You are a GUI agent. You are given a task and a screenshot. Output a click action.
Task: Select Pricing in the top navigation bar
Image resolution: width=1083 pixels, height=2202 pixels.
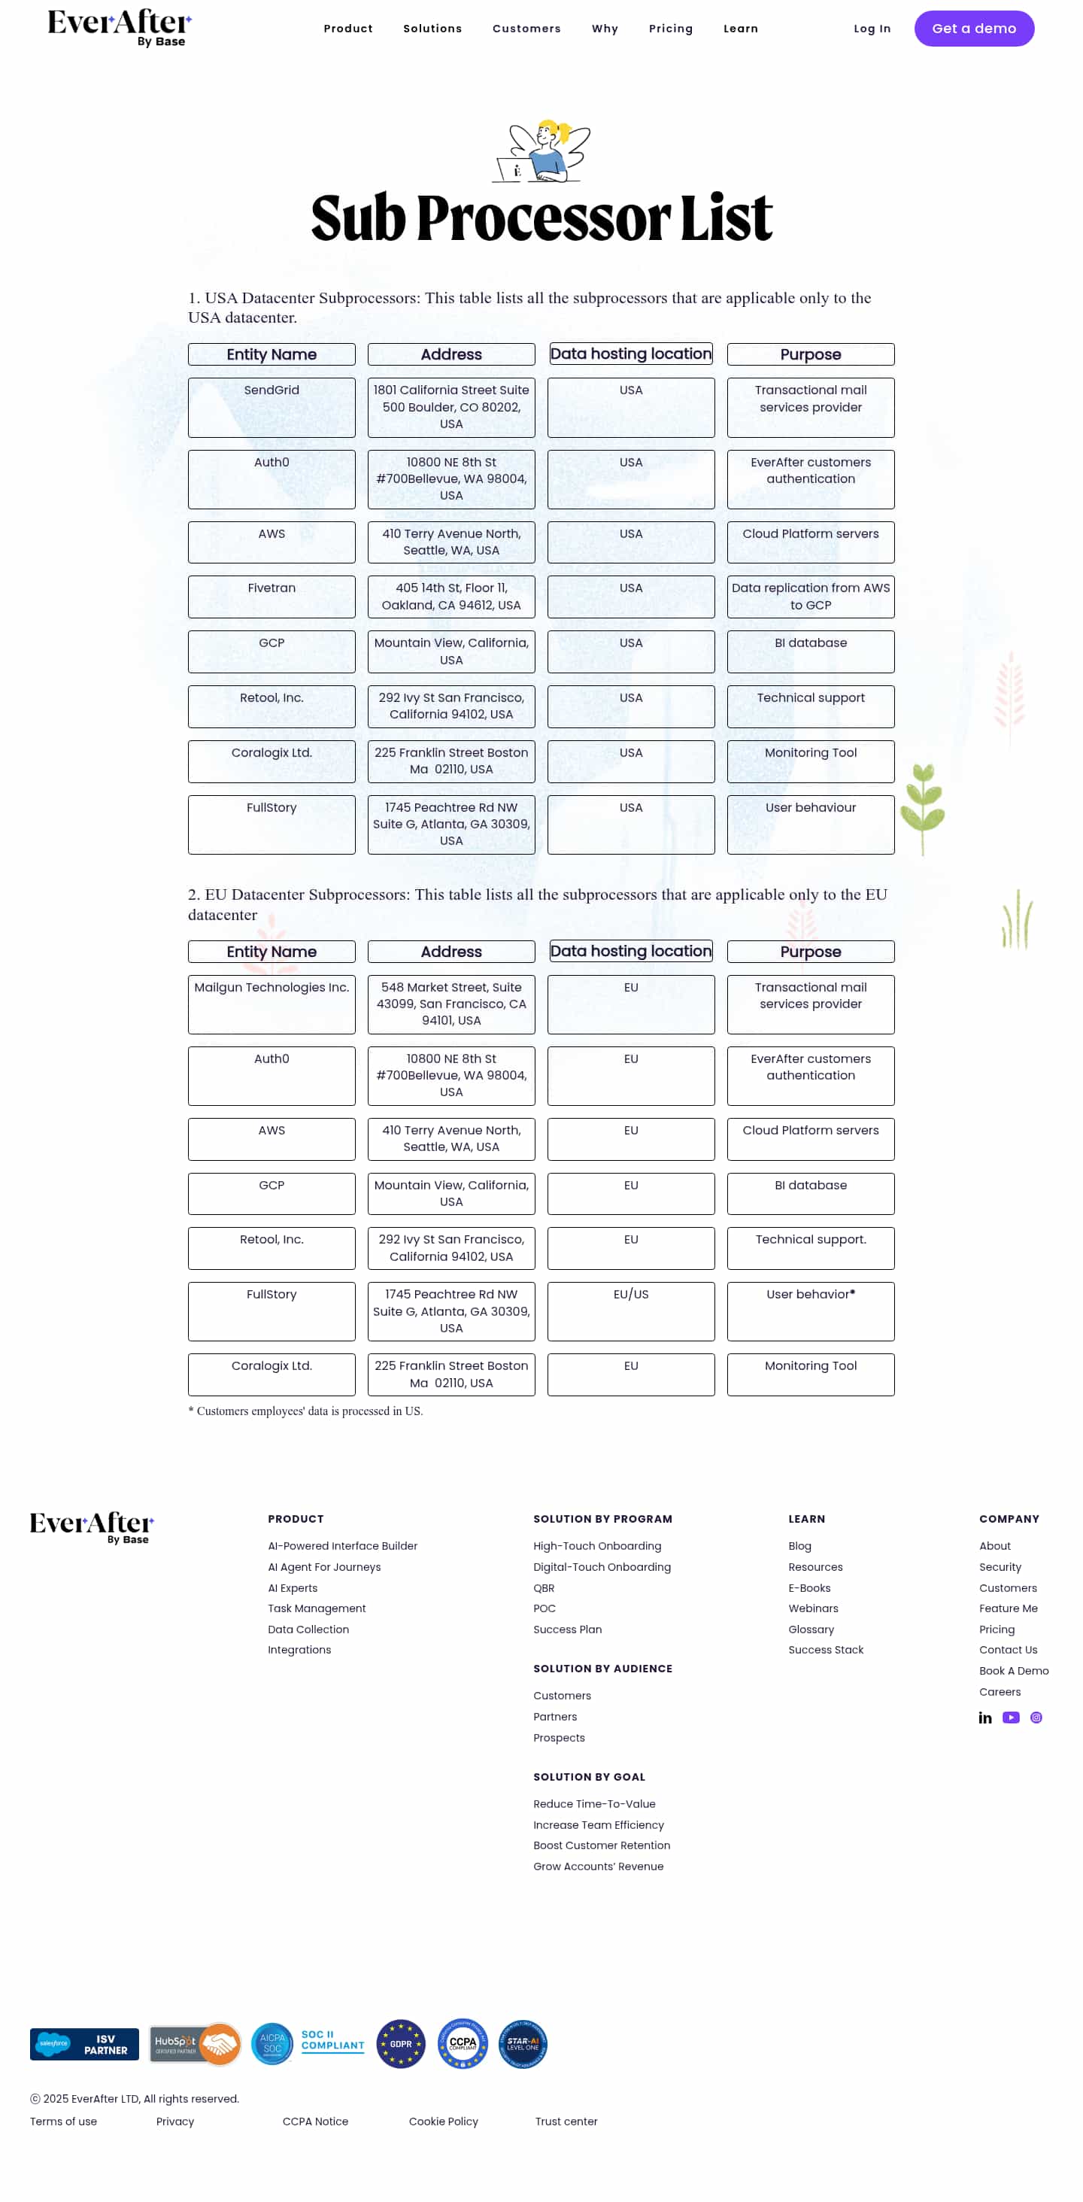coord(670,28)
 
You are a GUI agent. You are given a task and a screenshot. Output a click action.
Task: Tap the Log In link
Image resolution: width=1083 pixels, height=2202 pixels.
coord(871,28)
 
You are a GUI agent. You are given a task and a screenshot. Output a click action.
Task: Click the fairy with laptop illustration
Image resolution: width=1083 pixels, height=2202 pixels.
coord(542,151)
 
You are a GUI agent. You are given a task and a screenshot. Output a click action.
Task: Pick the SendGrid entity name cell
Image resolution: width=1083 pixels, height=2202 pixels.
coord(271,407)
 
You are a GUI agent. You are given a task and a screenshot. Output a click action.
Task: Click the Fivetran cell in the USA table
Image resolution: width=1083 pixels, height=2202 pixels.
coord(271,596)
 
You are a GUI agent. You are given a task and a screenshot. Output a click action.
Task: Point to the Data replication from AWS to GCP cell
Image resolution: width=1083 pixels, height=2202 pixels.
coord(809,596)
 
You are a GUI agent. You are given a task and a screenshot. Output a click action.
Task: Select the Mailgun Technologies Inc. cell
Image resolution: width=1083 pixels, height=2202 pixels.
coord(271,1004)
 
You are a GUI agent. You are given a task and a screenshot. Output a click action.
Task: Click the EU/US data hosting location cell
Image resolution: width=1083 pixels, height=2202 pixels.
coord(630,1310)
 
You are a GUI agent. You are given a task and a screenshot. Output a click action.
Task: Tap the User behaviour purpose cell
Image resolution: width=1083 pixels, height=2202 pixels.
coord(809,823)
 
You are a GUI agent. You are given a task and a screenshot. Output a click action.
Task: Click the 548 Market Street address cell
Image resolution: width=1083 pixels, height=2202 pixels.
coord(450,1004)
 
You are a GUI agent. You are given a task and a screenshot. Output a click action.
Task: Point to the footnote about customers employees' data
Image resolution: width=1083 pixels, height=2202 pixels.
coord(305,1411)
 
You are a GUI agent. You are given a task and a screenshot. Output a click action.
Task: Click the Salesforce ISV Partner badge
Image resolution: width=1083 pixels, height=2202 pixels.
coord(83,2043)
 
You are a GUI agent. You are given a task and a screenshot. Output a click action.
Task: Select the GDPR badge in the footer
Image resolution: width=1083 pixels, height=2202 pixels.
coord(400,2043)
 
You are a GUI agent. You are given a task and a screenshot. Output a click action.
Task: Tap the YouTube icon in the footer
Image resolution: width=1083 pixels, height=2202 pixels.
coord(1010,1717)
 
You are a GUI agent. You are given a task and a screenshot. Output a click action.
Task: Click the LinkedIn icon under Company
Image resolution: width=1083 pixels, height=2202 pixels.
coord(984,1717)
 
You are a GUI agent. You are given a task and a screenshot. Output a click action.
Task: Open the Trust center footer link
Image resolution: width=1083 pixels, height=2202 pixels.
coord(566,2121)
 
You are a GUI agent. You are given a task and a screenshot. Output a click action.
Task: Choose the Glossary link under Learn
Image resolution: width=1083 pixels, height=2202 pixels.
coord(810,1629)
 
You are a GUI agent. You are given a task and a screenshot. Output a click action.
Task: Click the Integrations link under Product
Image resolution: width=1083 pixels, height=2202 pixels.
coord(299,1649)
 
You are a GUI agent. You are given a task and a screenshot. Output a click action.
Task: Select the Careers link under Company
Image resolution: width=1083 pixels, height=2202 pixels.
coord(1000,1691)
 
